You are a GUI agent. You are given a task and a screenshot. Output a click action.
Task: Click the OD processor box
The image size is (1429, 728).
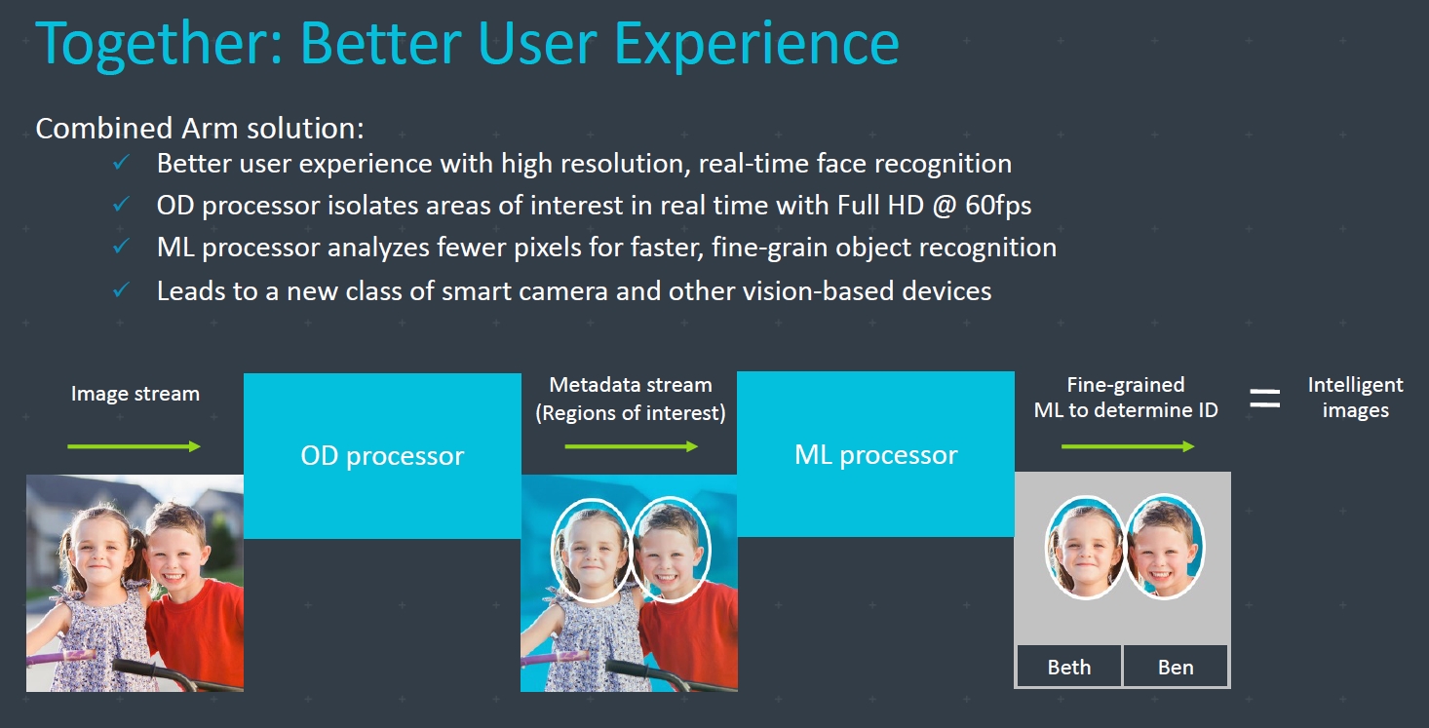[382, 455]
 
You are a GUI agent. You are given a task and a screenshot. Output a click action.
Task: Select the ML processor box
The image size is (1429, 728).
[875, 453]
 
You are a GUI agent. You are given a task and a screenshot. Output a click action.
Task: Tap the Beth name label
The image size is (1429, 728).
[1069, 666]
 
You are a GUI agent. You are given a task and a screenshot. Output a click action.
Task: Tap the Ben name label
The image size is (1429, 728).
[1176, 666]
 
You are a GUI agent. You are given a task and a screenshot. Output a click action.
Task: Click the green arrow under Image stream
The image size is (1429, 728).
[134, 446]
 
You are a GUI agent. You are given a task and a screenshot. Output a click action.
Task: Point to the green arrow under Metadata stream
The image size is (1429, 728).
[631, 446]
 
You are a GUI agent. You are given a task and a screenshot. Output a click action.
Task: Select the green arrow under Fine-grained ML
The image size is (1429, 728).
[1127, 446]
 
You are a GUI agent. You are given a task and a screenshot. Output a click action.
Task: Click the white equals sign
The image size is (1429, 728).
[1264, 399]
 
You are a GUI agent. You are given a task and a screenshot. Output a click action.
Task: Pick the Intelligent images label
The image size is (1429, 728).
[1355, 397]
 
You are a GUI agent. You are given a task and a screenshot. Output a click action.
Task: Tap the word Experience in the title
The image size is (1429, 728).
[756, 44]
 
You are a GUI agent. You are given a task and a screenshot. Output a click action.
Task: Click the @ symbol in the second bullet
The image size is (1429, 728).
[945, 206]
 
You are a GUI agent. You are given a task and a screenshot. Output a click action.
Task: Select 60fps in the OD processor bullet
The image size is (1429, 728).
[998, 206]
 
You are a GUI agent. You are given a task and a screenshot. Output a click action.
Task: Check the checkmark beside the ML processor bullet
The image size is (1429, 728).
[121, 247]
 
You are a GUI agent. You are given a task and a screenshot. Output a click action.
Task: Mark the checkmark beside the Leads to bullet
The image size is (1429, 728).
[121, 289]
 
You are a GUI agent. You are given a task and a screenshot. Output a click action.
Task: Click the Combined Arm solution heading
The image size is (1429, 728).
[200, 129]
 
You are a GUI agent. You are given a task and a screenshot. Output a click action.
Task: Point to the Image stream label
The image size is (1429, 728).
[135, 394]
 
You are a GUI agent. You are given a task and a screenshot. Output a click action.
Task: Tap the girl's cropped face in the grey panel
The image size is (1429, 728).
[1085, 548]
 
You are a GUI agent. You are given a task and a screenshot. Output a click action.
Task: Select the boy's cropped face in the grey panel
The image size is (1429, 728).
[1165, 547]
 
